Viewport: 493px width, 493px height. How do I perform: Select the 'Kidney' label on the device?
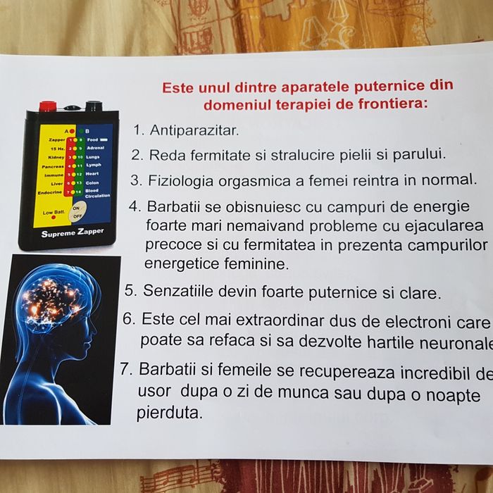56,157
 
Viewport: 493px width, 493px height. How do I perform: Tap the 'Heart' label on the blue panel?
93,173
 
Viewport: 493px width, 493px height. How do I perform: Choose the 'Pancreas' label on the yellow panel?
54,166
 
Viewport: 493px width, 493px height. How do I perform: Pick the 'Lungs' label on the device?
94,157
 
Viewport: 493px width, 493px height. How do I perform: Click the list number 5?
130,290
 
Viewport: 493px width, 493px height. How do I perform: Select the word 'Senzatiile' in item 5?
177,290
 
